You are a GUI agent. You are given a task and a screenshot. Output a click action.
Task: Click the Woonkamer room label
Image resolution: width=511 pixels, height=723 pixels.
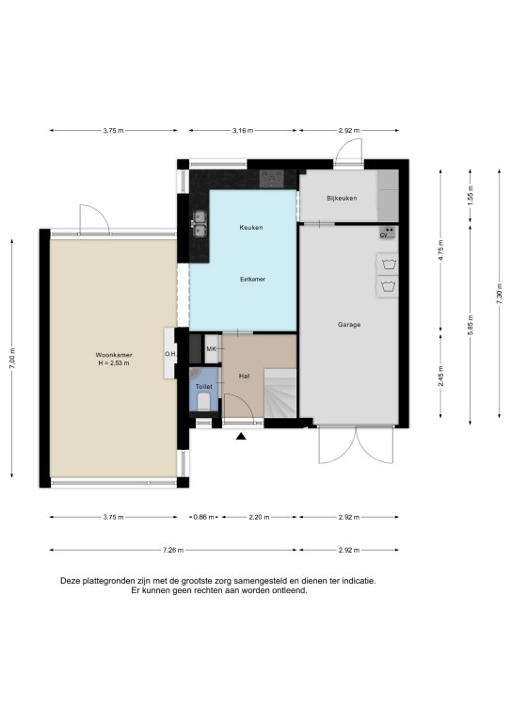pyautogui.click(x=114, y=355)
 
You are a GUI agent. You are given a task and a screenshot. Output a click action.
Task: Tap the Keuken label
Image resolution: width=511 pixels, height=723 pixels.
pyautogui.click(x=251, y=227)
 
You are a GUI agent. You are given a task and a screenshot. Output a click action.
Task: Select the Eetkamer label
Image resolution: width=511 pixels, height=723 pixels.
pyautogui.click(x=252, y=279)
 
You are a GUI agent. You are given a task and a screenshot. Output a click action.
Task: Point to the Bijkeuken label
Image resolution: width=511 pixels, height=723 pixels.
pyautogui.click(x=342, y=199)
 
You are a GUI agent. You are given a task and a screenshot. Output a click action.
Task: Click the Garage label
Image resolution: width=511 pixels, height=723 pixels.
pyautogui.click(x=349, y=325)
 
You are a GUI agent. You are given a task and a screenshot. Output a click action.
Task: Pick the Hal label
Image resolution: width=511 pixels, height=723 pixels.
pyautogui.click(x=245, y=377)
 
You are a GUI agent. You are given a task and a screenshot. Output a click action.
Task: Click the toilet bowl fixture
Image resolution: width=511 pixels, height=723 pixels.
pyautogui.click(x=203, y=401)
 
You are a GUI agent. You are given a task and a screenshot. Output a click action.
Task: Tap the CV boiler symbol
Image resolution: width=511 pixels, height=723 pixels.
pyautogui.click(x=388, y=233)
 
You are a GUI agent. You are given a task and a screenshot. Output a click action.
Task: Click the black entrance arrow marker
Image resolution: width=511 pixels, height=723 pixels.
pyautogui.click(x=241, y=436)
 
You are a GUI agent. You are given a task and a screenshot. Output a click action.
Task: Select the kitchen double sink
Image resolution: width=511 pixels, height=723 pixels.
pyautogui.click(x=200, y=224)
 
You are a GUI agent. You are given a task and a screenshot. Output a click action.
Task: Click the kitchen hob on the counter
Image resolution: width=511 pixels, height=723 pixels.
pyautogui.click(x=272, y=179)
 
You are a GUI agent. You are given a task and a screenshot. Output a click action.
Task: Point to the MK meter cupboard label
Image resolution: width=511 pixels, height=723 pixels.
pyautogui.click(x=212, y=349)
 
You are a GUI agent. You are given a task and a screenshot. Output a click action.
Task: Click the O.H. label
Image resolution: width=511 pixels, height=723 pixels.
pyautogui.click(x=170, y=354)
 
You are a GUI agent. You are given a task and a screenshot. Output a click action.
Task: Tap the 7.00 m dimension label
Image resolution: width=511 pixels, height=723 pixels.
pyautogui.click(x=12, y=358)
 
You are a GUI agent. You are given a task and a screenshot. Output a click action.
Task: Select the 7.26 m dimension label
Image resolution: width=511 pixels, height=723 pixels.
pyautogui.click(x=173, y=550)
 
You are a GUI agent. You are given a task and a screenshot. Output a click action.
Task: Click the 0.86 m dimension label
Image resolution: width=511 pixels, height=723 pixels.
pyautogui.click(x=203, y=517)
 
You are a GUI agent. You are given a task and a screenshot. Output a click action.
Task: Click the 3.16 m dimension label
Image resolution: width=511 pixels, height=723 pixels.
pyautogui.click(x=243, y=131)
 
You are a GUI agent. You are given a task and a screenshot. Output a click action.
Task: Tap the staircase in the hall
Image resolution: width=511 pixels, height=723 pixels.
pyautogui.click(x=280, y=394)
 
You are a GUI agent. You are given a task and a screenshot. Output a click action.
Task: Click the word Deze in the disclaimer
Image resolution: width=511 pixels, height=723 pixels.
pyautogui.click(x=71, y=581)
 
